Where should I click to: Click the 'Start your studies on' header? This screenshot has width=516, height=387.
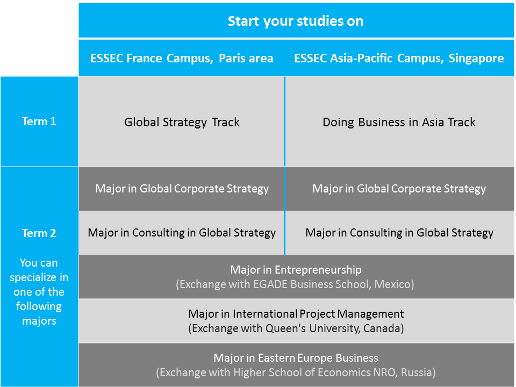[296, 21]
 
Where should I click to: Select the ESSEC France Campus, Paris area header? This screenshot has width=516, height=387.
[182, 58]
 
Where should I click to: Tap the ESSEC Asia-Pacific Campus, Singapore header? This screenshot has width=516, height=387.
[399, 58]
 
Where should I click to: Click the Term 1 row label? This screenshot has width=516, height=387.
[39, 121]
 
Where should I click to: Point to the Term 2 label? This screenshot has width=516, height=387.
[39, 233]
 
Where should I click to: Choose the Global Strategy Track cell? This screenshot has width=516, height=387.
[182, 122]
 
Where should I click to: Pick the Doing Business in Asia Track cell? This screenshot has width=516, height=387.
[399, 122]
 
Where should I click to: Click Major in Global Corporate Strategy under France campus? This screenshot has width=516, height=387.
[182, 189]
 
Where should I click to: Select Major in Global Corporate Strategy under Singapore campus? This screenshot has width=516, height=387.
[399, 189]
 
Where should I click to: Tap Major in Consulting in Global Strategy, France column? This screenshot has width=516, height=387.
[182, 233]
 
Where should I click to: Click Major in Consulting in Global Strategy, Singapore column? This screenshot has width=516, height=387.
[399, 233]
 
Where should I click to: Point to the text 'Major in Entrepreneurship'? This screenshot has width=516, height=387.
[296, 270]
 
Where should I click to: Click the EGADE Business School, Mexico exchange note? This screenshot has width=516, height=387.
[295, 284]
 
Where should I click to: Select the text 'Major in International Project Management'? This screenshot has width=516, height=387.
[296, 314]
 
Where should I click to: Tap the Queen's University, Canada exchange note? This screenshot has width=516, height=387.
[296, 328]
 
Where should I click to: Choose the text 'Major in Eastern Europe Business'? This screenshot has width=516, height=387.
[296, 358]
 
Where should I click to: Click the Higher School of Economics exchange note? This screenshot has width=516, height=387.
[296, 372]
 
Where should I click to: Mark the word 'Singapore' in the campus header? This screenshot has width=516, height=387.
[476, 59]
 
